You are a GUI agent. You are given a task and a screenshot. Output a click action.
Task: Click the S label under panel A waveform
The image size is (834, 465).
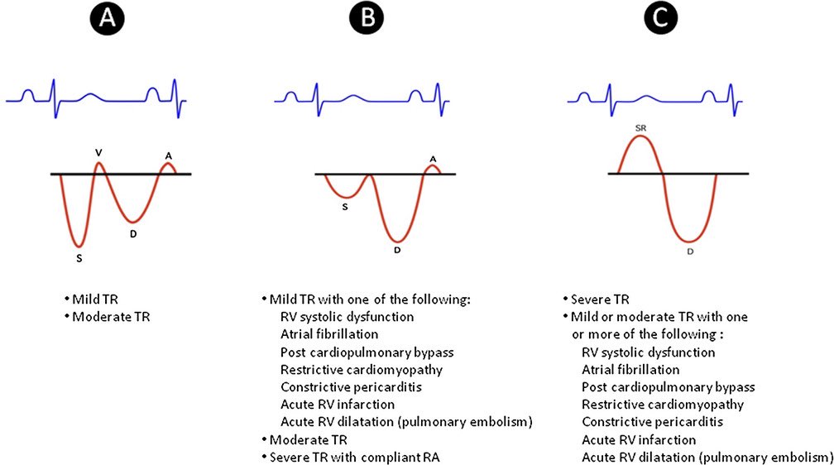79,258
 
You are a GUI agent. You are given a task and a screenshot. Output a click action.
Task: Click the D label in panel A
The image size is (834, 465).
133,232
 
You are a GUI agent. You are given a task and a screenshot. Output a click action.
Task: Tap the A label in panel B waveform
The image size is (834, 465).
432,158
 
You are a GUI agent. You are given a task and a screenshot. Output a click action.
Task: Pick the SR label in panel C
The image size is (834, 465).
640,129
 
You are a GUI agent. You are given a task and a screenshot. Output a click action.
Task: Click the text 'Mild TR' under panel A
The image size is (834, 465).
94,299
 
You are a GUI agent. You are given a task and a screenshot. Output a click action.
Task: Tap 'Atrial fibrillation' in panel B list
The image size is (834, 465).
329,334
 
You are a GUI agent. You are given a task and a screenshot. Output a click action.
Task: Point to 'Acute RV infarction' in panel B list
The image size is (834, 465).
338,404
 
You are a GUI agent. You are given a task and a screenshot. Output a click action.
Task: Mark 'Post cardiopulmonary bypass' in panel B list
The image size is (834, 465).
367,352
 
